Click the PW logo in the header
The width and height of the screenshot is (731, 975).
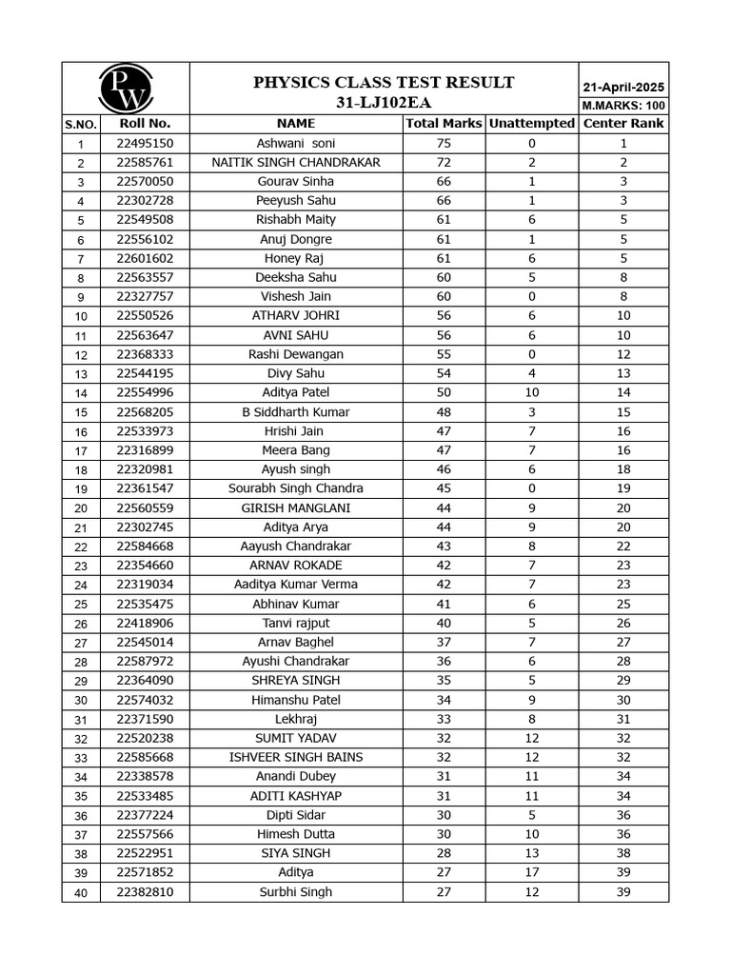coord(126,89)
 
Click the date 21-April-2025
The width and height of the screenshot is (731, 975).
coord(622,87)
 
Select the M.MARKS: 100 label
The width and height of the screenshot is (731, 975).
coord(622,106)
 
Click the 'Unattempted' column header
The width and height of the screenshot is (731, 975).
coord(531,124)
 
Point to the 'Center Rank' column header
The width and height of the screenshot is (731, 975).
coord(622,124)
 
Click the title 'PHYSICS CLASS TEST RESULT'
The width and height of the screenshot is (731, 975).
coord(384,83)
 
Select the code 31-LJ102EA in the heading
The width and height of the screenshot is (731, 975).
coord(384,102)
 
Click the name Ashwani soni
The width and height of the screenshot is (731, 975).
coord(296,143)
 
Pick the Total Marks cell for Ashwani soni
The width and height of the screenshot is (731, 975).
coord(444,143)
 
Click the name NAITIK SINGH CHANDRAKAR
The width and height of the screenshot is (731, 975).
coord(296,163)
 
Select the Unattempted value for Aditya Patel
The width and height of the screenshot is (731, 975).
coord(531,392)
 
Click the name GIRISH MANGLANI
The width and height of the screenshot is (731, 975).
coord(296,507)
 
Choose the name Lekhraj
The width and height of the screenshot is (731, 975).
coord(296,719)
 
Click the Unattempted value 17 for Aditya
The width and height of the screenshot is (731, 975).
coord(531,872)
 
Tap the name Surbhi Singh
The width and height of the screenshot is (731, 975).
coord(296,892)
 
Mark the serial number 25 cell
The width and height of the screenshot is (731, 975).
coord(81,605)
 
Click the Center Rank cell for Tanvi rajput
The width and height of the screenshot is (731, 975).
coord(622,623)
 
